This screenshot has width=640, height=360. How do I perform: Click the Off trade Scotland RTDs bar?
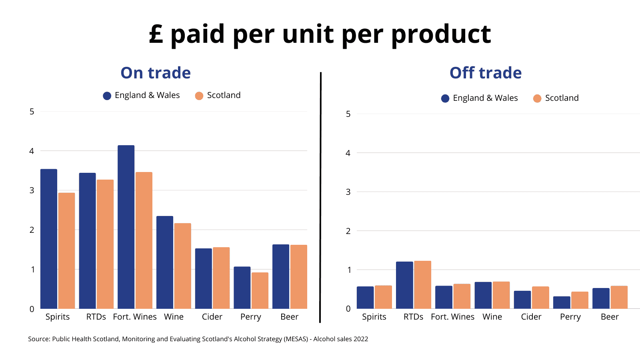422,285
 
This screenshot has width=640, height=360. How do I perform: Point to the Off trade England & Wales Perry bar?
562,302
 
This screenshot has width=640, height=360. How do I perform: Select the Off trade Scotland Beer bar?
619,297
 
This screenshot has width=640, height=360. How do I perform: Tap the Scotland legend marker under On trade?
199,96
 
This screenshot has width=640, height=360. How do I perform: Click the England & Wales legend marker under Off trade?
445,98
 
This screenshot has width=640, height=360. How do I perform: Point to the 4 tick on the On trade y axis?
32,151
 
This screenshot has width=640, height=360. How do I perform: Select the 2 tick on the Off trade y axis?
348,231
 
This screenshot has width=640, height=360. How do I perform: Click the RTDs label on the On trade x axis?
96,317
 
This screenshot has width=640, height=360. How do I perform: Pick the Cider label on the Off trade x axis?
531,317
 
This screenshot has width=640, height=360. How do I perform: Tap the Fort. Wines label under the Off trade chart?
452,317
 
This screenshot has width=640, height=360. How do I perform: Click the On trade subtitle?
156,73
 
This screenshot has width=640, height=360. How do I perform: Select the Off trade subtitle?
486,73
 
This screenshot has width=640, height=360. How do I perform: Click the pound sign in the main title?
156,34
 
